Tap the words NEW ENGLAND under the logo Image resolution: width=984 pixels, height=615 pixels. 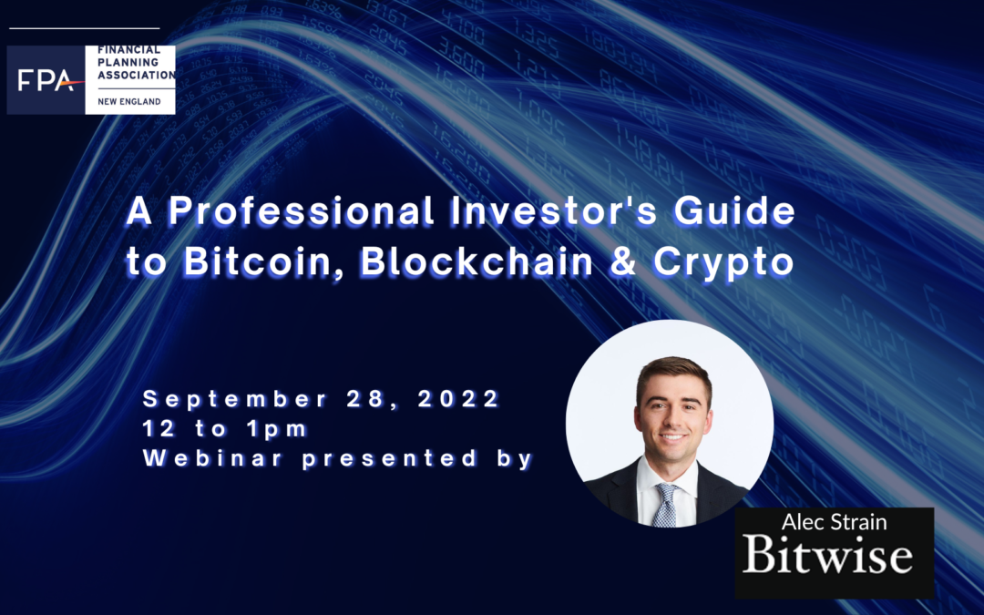coord(128,102)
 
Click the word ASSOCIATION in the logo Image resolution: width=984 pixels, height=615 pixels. coord(136,75)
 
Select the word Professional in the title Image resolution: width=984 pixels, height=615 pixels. coord(301,210)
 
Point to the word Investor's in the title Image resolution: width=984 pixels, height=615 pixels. coord(554,210)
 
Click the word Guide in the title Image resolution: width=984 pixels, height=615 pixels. coord(734,210)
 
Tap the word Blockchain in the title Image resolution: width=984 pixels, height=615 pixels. coord(477,261)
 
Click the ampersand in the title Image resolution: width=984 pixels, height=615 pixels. coord(622,262)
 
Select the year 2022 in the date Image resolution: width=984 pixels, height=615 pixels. coord(458,399)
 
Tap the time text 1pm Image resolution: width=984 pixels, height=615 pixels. coord(277,429)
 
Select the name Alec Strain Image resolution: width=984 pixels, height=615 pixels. coord(834,522)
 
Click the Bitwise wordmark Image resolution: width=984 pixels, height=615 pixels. coord(827,554)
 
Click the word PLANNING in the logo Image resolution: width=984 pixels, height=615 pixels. coord(128,62)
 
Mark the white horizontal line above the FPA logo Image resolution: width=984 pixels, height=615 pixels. coord(85,28)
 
